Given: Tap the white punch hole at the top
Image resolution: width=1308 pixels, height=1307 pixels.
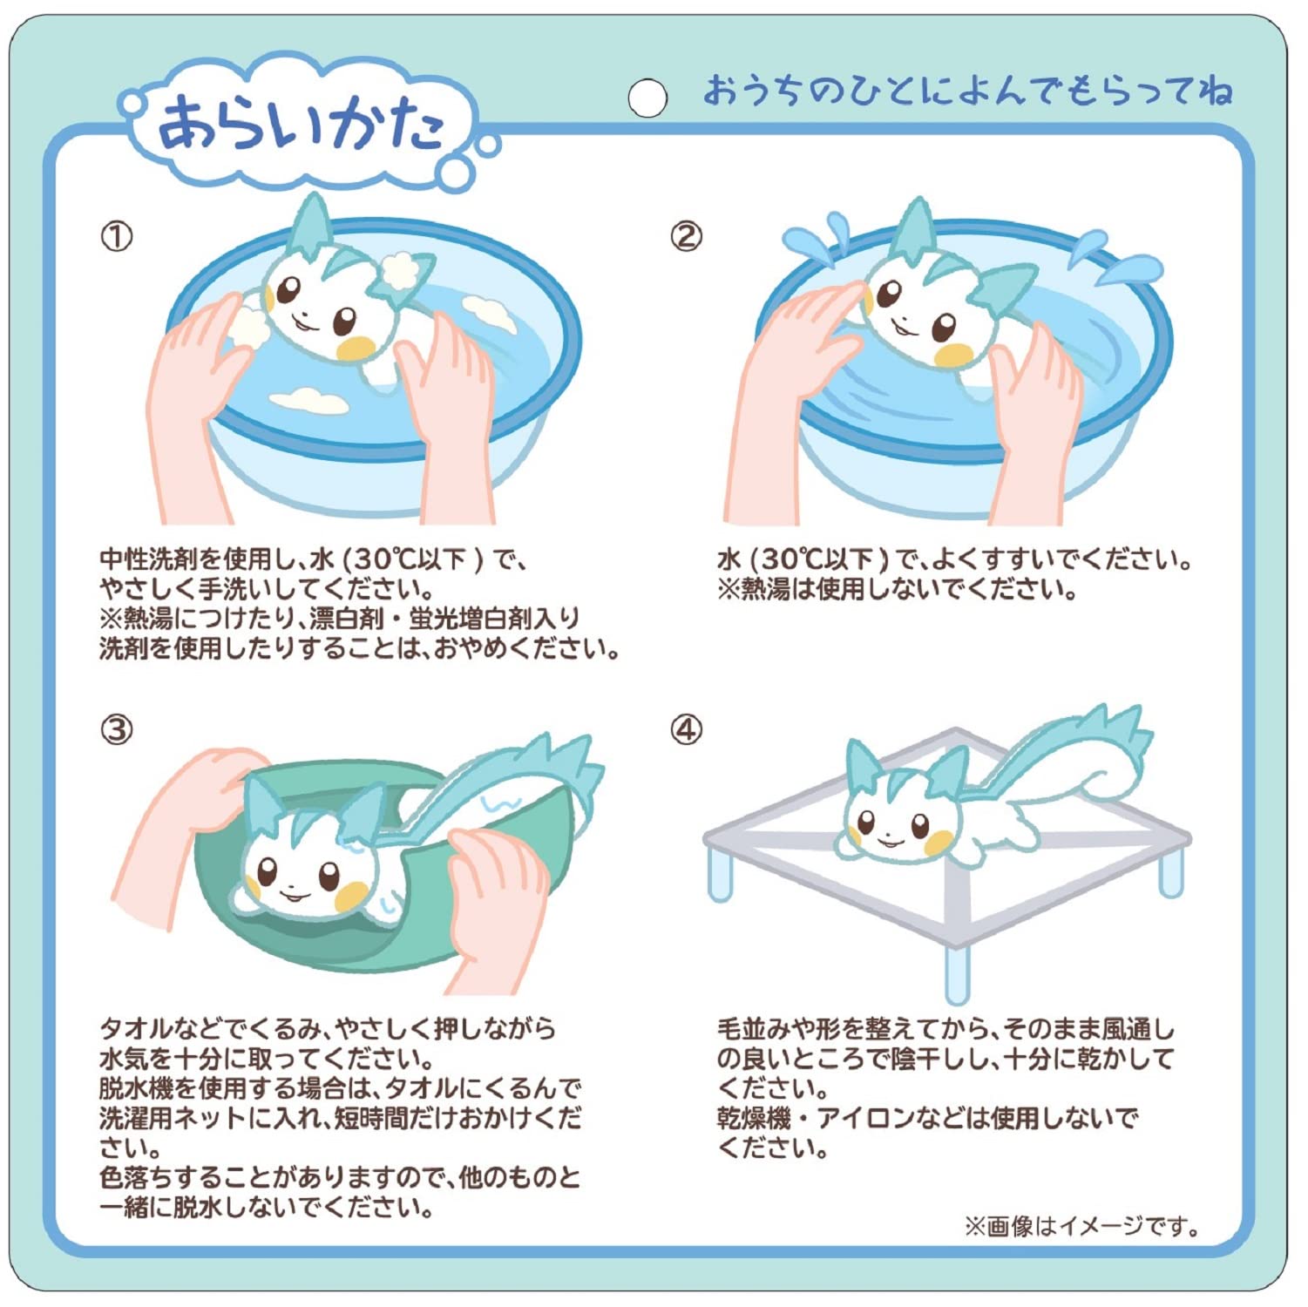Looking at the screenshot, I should coord(647,98).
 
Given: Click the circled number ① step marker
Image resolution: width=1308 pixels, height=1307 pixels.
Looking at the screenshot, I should coord(117,236).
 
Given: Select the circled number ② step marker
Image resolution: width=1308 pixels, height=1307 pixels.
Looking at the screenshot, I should coord(686,236).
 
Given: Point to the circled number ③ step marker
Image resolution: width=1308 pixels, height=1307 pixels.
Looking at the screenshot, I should coord(117,729).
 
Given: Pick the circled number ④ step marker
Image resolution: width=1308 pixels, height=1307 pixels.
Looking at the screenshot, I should coord(686,729).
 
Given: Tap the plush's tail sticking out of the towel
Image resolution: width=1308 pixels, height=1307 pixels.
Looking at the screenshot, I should coord(540,767).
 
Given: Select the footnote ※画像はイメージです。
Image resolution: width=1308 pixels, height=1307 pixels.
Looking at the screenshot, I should coord(1081,1226).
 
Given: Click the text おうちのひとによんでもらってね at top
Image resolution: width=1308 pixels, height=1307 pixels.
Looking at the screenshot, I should coord(967,91).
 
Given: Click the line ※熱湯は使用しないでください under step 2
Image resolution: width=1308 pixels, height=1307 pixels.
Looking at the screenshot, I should coord(898,590).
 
